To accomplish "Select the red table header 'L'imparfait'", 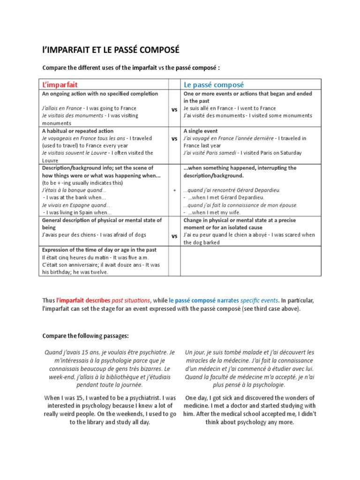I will [x=60, y=84].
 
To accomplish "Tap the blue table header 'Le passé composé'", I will [x=214, y=84].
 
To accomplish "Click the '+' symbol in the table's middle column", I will [x=174, y=191].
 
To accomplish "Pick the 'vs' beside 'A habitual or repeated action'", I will [x=174, y=139].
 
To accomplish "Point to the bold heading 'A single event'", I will [x=201, y=131].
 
